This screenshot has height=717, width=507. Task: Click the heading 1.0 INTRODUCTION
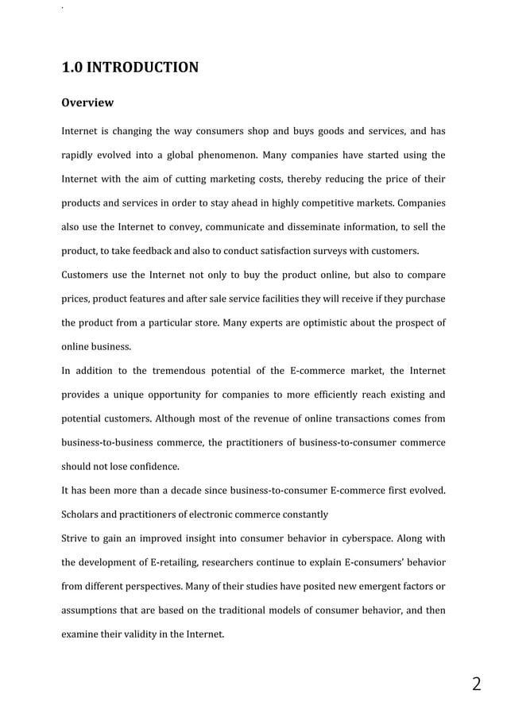pos(130,67)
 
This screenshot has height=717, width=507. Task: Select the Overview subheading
pos(87,103)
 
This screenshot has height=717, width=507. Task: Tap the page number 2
pos(476,684)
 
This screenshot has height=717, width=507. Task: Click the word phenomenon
pos(248,154)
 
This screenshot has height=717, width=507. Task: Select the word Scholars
pos(82,514)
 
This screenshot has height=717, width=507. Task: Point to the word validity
pos(157,635)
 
